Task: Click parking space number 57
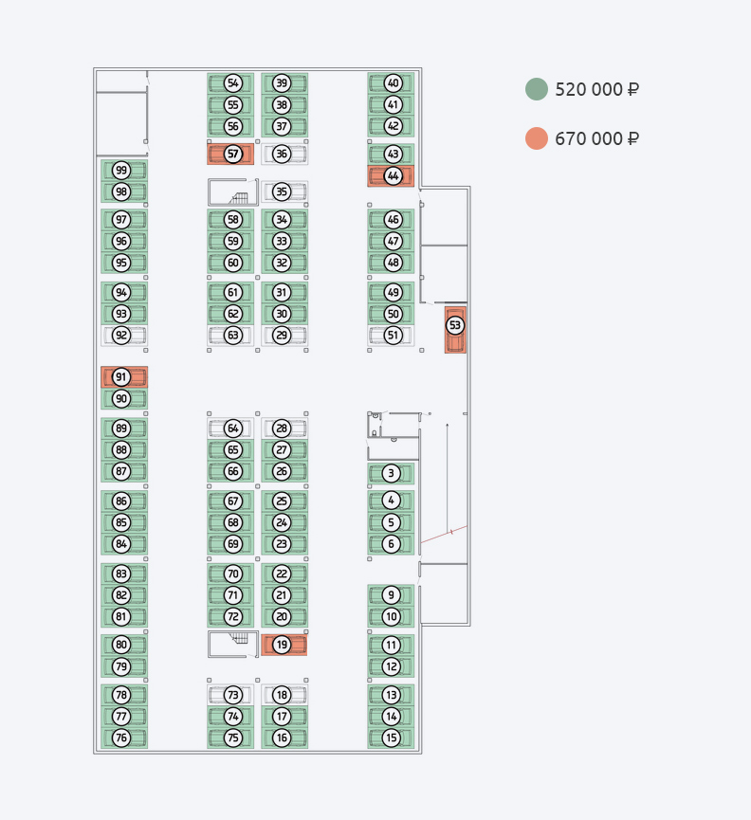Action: tap(230, 155)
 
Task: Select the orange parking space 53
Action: tap(455, 330)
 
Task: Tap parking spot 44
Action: tap(391, 176)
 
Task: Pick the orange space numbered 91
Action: tap(124, 377)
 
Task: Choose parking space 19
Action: tap(284, 645)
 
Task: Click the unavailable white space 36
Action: tap(284, 155)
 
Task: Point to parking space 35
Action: tap(284, 191)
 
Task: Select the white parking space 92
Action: tap(124, 336)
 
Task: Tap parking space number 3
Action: tap(391, 473)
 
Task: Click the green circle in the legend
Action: tap(537, 89)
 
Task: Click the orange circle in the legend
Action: tap(537, 138)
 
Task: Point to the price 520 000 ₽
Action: tap(596, 89)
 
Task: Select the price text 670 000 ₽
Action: tap(596, 138)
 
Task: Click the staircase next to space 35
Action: tap(233, 191)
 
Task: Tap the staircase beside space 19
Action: tap(233, 645)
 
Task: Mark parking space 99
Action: tap(124, 170)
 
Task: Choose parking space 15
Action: tap(391, 738)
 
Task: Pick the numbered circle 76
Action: tap(121, 738)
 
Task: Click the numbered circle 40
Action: tap(394, 83)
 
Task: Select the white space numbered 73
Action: tap(230, 695)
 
